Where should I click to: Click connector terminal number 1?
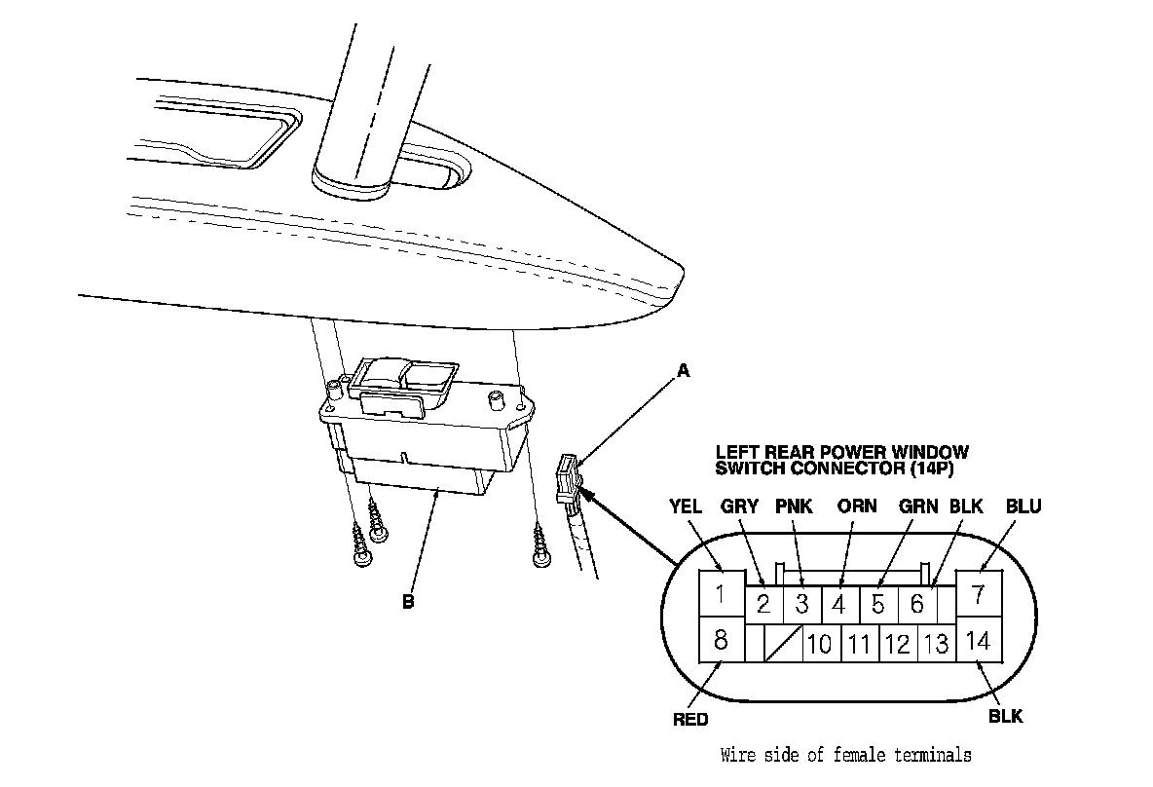coord(721,594)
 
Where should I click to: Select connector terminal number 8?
coord(721,641)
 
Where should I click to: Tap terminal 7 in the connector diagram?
coord(979,594)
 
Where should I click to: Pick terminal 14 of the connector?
coord(979,641)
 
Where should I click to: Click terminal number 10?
coord(820,645)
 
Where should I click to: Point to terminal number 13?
coord(936,645)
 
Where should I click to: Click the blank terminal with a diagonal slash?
coord(783,645)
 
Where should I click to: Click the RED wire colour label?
coord(690,720)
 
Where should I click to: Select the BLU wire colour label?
coord(1023,506)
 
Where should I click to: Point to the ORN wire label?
coord(857,506)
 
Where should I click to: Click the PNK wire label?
coord(795,506)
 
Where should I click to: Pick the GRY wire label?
coord(739,506)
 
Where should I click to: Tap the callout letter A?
coord(683,370)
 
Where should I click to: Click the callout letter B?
coord(408,602)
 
